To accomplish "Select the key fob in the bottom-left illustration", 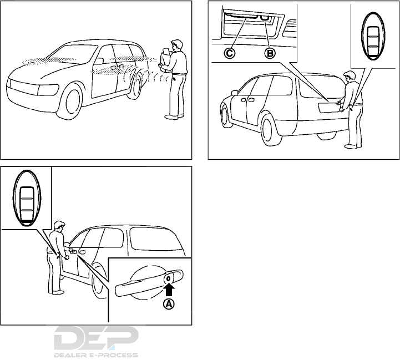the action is pyautogui.click(x=26, y=198).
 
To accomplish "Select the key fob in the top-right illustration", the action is pyautogui.click(x=372, y=36).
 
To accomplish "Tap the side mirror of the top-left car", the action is pyautogui.click(x=99, y=60).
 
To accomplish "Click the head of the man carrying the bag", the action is pyautogui.click(x=176, y=44).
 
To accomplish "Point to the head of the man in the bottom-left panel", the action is pyautogui.click(x=59, y=226).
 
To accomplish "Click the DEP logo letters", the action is pyautogui.click(x=97, y=338).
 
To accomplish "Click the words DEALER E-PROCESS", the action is pyautogui.click(x=97, y=354).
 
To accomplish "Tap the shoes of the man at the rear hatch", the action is pyautogui.click(x=351, y=146).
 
